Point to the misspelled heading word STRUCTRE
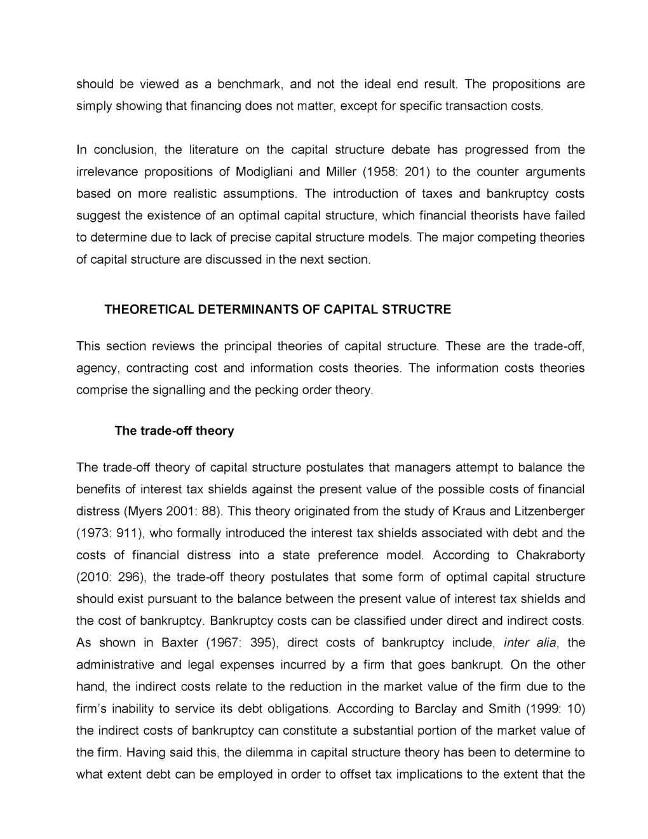pos(417,310)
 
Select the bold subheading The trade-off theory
pos(174,430)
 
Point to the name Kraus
pos(469,511)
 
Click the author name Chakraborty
pos(550,555)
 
